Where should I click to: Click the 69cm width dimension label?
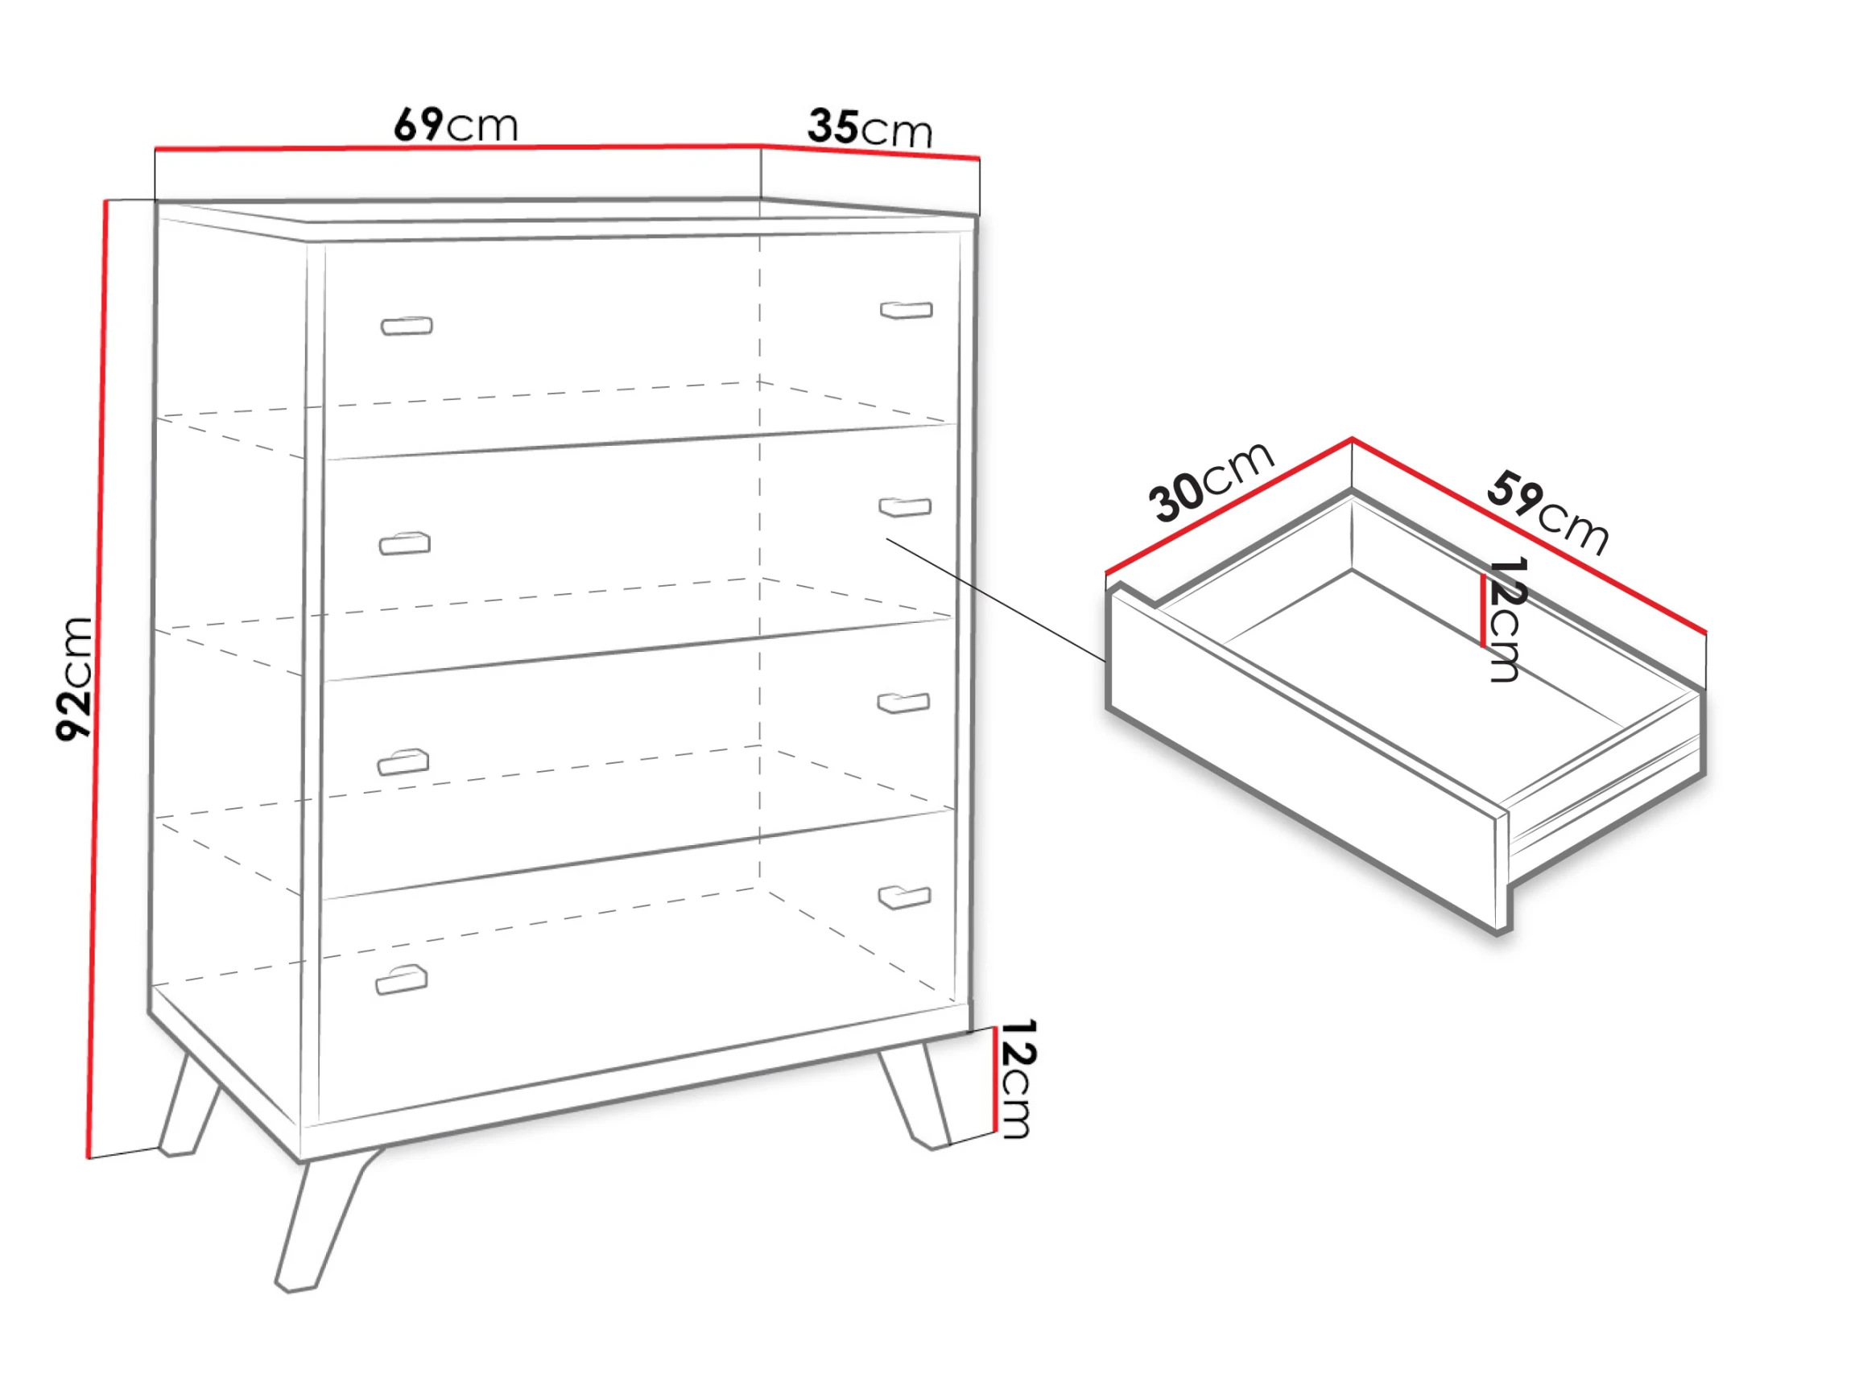tap(456, 125)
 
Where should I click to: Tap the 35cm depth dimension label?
tap(870, 128)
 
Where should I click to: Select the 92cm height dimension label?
tap(74, 679)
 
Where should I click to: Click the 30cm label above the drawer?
tap(1210, 481)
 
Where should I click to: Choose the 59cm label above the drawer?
tap(1547, 513)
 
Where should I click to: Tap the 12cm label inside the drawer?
tap(1504, 620)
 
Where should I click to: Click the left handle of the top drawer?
tap(407, 325)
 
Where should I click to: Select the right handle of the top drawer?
tap(906, 310)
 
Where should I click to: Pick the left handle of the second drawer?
tap(405, 543)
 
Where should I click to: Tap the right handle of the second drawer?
tap(905, 507)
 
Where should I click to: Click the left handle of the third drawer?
tap(403, 761)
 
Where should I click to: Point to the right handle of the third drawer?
tap(903, 703)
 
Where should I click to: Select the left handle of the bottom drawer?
tap(402, 979)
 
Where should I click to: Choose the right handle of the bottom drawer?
tap(904, 897)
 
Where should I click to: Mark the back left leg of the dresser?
tap(188, 1104)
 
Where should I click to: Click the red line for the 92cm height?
tap(97, 679)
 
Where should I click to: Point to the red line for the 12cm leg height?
tap(994, 1080)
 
